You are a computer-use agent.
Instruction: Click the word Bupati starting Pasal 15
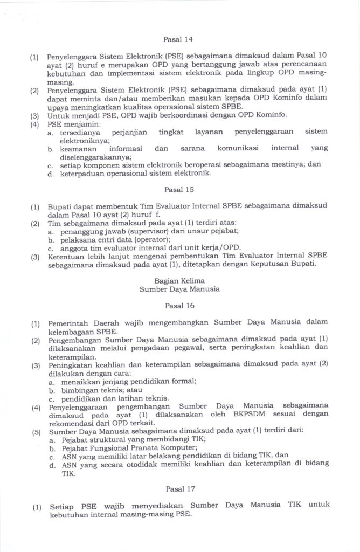tap(60, 206)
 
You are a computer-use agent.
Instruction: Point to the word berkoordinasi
tap(178, 115)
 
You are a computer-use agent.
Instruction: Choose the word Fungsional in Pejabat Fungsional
tap(114, 447)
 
